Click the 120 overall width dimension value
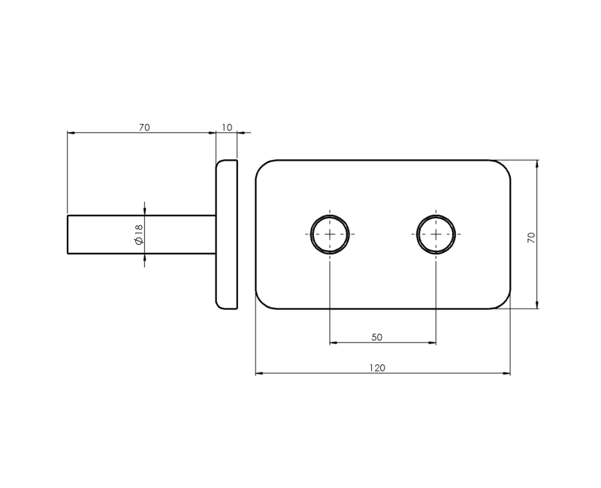377,368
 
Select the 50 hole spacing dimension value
377,337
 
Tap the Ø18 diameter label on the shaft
138,234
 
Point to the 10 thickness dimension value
227,128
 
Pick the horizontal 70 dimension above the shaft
144,128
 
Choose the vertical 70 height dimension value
531,236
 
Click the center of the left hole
330,234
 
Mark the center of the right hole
436,234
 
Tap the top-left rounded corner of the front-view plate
262,167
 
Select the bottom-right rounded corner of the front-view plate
504,302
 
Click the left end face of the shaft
68,234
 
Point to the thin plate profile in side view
227,234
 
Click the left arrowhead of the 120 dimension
259,373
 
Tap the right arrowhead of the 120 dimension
507,373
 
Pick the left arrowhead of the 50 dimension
334,343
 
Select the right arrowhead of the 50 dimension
432,343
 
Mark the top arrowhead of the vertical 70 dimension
537,164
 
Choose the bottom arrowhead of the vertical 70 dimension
537,305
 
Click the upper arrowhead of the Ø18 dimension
144,211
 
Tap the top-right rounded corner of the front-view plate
504,167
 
